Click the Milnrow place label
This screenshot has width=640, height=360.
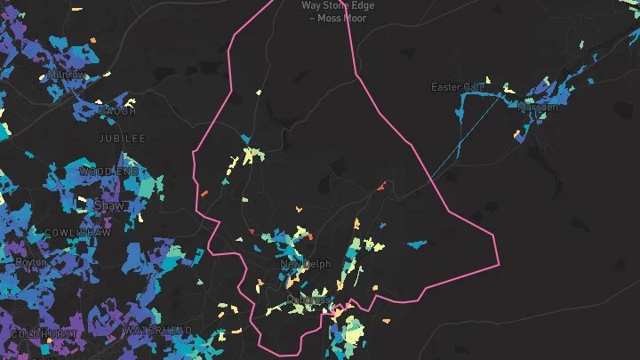coord(67,75)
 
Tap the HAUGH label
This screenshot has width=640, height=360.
coord(118,111)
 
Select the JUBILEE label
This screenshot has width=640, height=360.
coord(123,139)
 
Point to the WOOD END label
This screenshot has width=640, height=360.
coord(108,171)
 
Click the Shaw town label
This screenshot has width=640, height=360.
coord(108,205)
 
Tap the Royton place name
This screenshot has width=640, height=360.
coord(32,262)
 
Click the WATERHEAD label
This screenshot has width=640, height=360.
coord(157,331)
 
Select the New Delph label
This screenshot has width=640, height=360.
coord(305,264)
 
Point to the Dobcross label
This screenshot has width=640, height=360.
coord(308,300)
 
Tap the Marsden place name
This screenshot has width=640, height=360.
coord(539,108)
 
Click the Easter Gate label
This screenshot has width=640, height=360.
coord(459,87)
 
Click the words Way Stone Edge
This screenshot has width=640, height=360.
coord(338,5)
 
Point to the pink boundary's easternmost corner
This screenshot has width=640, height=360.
coord(499,263)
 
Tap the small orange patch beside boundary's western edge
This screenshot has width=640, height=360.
coord(204,192)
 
